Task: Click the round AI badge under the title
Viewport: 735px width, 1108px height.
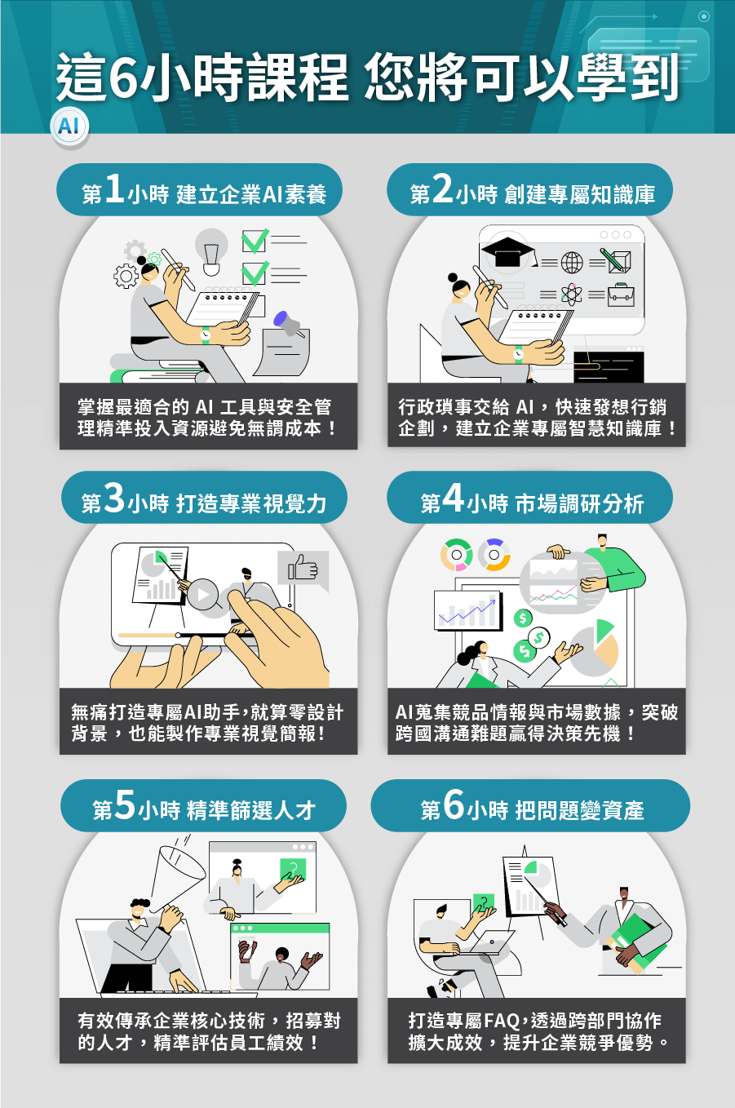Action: (x=69, y=126)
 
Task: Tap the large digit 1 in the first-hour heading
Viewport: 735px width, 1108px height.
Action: (x=114, y=188)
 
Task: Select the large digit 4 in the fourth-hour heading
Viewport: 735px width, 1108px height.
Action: (x=453, y=497)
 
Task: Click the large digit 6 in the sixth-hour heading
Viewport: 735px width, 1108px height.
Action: (x=454, y=804)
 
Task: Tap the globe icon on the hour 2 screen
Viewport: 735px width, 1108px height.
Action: (x=572, y=262)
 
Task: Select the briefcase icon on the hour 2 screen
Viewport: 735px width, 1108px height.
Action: (x=622, y=295)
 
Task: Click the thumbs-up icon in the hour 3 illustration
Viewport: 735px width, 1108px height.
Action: (x=303, y=569)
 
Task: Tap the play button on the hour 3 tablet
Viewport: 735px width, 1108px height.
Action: (x=203, y=595)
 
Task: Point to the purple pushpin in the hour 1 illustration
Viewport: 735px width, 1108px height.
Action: (x=288, y=323)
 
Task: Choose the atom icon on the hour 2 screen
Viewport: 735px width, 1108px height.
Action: (x=572, y=295)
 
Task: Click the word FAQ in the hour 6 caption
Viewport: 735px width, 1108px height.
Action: (x=501, y=1021)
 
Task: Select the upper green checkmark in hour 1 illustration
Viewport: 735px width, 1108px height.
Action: (x=255, y=241)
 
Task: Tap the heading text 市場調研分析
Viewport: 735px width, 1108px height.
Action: (x=579, y=504)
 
